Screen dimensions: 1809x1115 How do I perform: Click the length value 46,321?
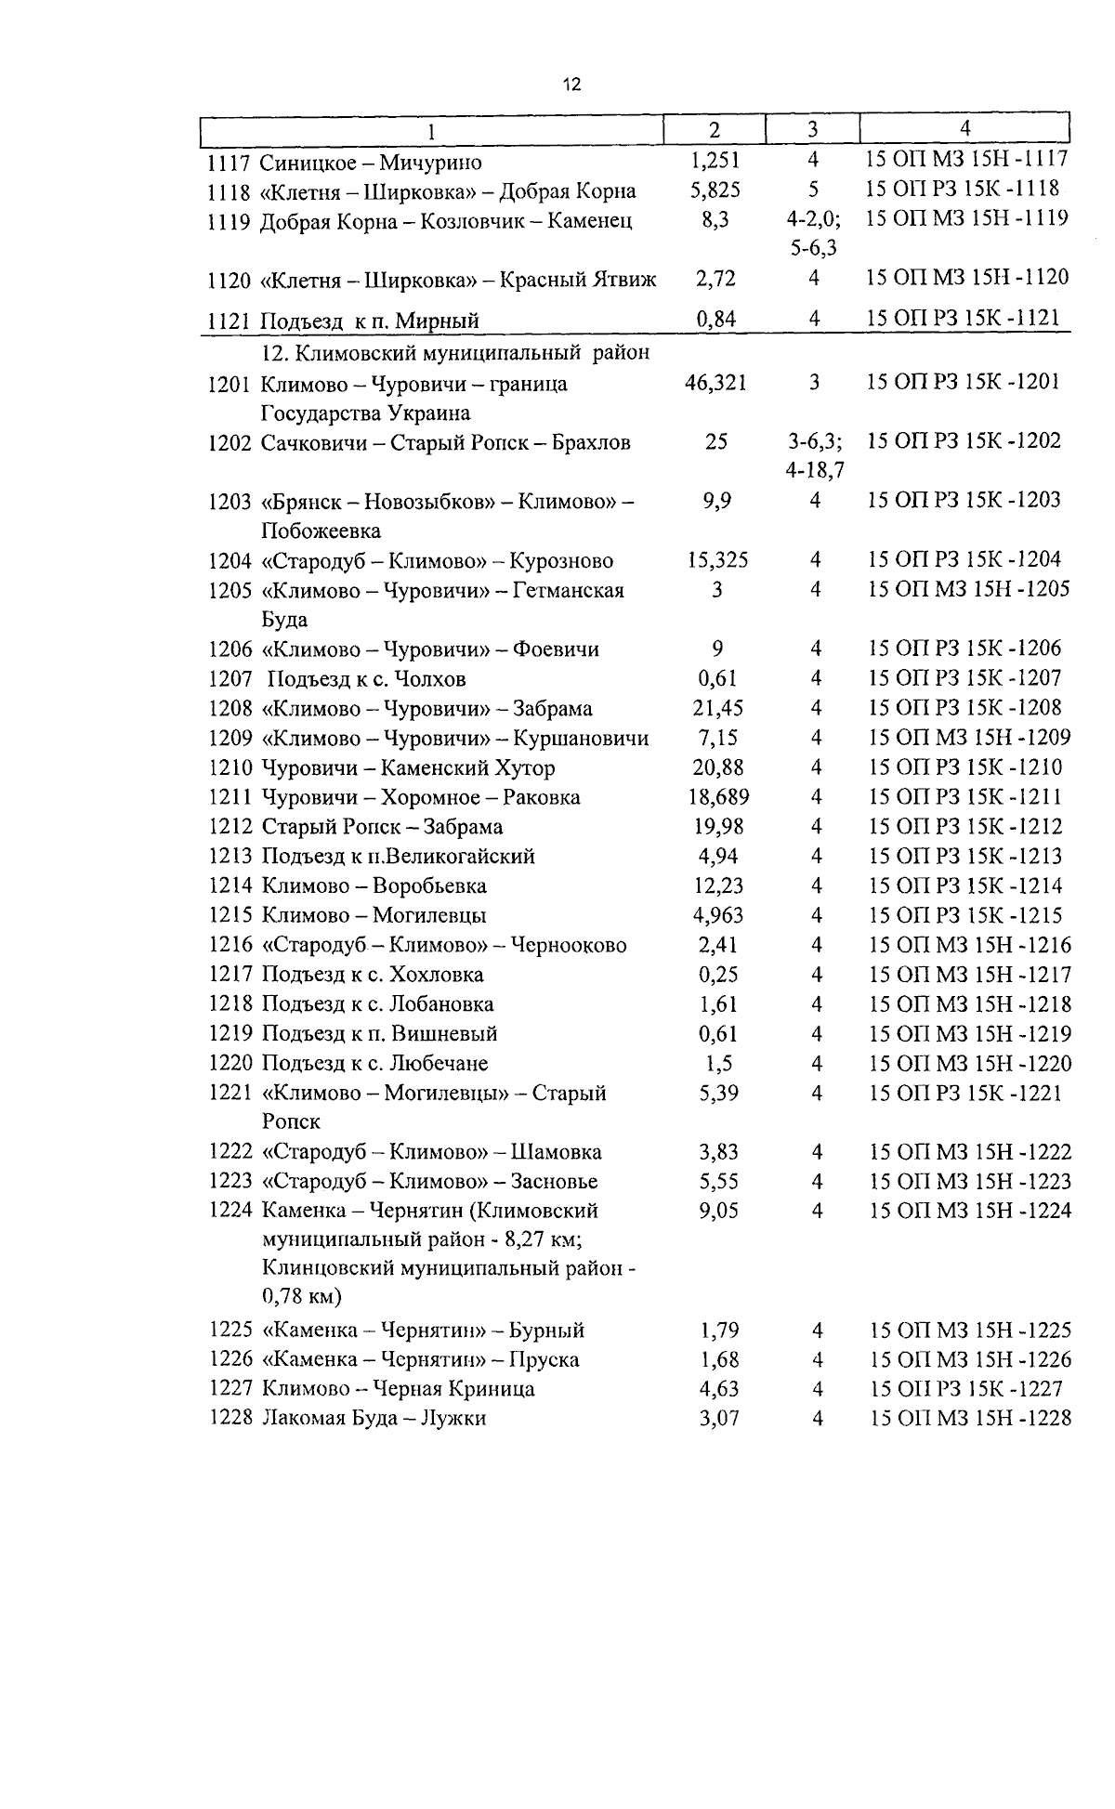pos(715,383)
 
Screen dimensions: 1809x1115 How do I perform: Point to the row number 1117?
pos(229,164)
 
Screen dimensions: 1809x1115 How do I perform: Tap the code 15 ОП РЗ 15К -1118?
pos(963,190)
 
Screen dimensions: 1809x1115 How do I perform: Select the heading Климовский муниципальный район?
pos(455,353)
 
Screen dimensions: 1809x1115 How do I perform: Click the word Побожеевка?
pos(321,531)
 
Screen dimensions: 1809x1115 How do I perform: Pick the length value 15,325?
pos(717,560)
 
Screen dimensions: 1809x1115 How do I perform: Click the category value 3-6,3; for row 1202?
pos(814,442)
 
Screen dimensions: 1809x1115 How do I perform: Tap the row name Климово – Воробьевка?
pos(374,886)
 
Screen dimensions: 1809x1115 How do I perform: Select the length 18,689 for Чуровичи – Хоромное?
pos(719,797)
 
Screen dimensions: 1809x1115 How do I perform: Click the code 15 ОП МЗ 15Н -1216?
pos(970,946)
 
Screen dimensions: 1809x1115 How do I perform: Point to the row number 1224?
pos(231,1211)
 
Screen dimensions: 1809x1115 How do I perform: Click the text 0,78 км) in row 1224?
pos(302,1296)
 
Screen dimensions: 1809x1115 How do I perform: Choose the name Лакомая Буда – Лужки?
pos(374,1419)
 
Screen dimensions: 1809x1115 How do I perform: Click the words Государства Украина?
pos(365,413)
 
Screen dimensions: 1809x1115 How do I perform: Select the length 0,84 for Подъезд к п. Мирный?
pos(715,320)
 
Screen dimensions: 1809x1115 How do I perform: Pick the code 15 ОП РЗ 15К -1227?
pos(966,1389)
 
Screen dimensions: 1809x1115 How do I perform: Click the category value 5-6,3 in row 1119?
pos(812,249)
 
